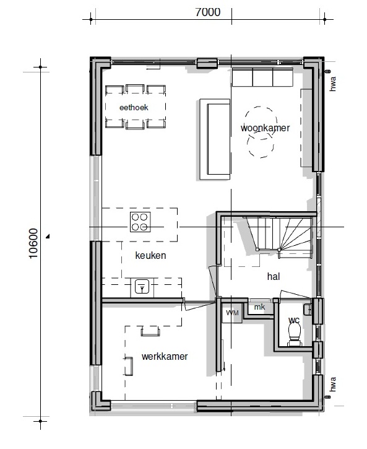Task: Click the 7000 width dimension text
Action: tap(207, 12)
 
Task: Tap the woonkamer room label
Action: tap(265, 128)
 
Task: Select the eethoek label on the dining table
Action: tap(135, 108)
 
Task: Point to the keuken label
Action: tap(150, 255)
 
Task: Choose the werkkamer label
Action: tap(164, 356)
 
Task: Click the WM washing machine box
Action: tap(232, 313)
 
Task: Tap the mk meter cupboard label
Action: tap(259, 307)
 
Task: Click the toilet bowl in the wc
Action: tap(294, 331)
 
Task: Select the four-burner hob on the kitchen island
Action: tap(139, 221)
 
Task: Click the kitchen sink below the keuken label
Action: tap(142, 288)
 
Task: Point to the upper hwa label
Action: tap(333, 83)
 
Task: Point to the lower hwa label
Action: tap(333, 383)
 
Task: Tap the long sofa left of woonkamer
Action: tap(215, 139)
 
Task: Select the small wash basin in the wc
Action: tap(308, 308)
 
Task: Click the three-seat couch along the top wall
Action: tap(262, 78)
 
